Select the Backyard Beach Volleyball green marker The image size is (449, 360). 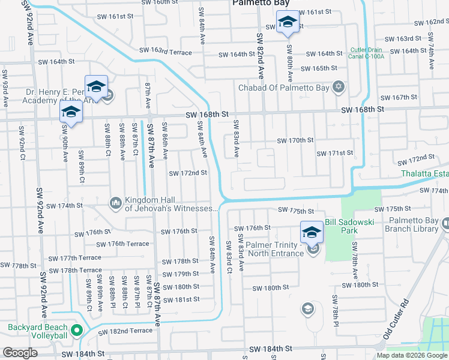click(x=76, y=329)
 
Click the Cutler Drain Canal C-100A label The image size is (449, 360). click(x=366, y=53)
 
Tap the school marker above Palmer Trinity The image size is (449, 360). click(x=312, y=231)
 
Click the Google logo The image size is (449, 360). click(x=20, y=353)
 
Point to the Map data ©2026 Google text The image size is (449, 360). click(x=412, y=355)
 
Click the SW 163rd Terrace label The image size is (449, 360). click(x=165, y=52)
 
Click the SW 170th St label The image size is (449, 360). click(x=295, y=140)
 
